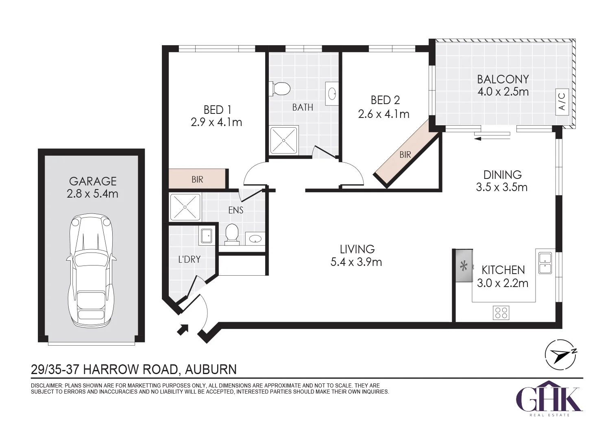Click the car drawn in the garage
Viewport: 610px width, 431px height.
point(91,271)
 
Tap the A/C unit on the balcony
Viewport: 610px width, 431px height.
point(562,102)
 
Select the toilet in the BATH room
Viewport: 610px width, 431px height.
point(279,89)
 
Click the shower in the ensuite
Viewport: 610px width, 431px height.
point(185,207)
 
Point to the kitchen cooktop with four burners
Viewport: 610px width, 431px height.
point(501,313)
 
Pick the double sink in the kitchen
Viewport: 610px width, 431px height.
point(545,263)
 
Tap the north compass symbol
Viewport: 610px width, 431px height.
point(560,355)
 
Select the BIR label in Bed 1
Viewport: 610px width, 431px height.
point(197,179)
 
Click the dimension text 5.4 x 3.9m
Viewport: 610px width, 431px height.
point(356,262)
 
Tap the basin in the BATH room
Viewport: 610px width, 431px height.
point(332,94)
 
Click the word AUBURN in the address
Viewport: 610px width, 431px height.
point(211,370)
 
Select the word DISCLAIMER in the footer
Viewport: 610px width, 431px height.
point(47,385)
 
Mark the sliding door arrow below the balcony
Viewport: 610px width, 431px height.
point(492,139)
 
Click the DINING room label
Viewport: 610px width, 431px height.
point(502,174)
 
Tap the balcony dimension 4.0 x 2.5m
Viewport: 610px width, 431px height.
point(503,92)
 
